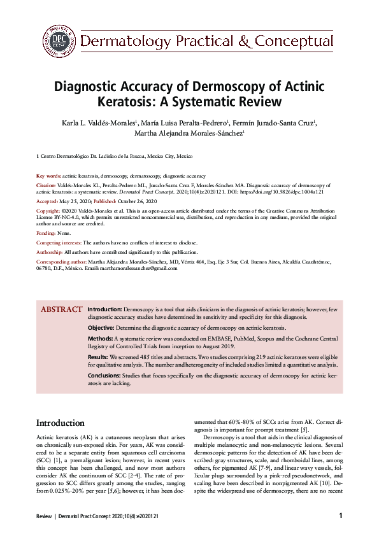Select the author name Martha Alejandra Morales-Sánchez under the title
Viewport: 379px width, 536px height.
(x=189, y=134)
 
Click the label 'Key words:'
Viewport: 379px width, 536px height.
(x=48, y=175)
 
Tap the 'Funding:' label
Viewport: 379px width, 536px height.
(x=46, y=234)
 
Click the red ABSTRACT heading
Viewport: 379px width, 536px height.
(x=61, y=310)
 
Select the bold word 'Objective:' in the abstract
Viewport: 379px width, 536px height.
(x=101, y=327)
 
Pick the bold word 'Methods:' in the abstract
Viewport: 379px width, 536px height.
(x=100, y=339)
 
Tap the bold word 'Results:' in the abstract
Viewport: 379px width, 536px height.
(x=97, y=359)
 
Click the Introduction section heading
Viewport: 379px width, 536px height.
(x=60, y=423)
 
